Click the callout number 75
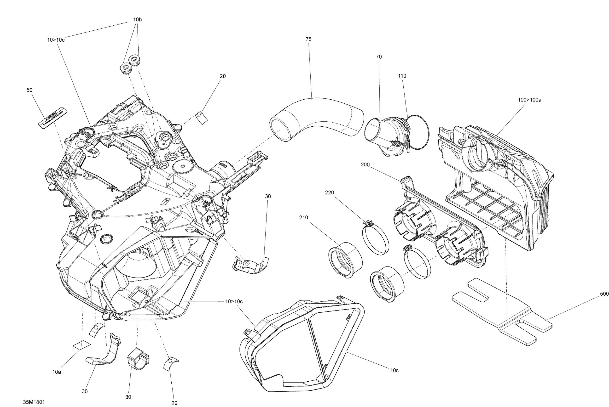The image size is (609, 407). tap(308, 39)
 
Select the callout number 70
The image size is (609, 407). tap(379, 57)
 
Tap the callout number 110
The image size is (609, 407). tap(402, 76)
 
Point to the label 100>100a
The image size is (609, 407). tap(529, 100)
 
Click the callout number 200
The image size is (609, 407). tap(365, 164)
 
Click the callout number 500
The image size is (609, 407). tap(604, 294)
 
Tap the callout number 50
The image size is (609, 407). tap(30, 90)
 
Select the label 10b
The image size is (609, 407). tap(137, 19)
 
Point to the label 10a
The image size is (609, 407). tap(57, 372)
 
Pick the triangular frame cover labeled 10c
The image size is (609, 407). tap(301, 345)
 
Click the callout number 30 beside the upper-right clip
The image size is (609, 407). tap(268, 196)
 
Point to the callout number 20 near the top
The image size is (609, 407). tap(223, 76)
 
